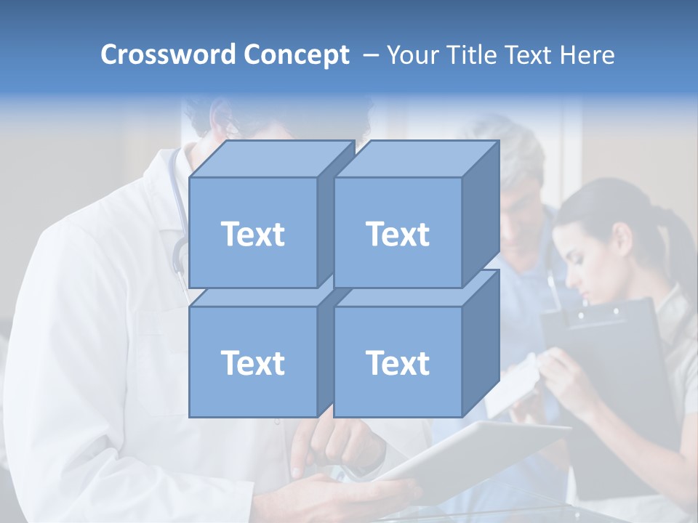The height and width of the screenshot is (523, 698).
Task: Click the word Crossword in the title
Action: click(x=168, y=54)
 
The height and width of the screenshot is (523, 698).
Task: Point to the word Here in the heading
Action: click(x=586, y=54)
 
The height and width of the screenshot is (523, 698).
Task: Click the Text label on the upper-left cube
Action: click(x=252, y=234)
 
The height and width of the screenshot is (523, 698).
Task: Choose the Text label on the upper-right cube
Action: click(x=398, y=234)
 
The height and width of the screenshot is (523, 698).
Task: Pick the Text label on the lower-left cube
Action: click(x=252, y=362)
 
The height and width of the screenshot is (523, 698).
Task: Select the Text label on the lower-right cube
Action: click(x=398, y=362)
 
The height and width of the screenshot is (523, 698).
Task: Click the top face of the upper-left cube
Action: click(x=269, y=158)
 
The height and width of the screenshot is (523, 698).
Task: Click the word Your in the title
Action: click(x=412, y=54)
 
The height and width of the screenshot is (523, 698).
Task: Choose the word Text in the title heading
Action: click(x=529, y=54)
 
